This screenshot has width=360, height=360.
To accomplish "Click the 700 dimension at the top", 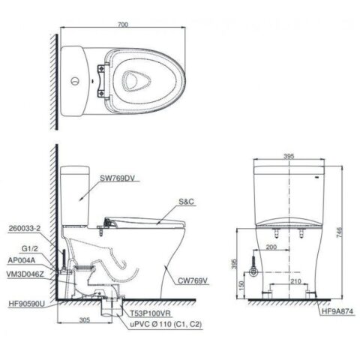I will coord(123,25).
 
